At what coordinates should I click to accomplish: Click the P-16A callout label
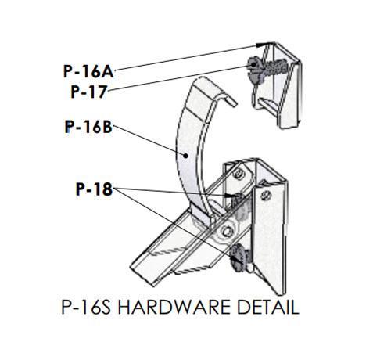tap(88, 71)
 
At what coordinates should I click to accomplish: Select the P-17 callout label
tap(89, 92)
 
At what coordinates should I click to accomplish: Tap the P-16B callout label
tap(88, 127)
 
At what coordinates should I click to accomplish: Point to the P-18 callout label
tap(94, 189)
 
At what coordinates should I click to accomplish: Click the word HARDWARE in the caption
tap(174, 307)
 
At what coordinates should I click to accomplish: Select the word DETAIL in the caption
tap(267, 307)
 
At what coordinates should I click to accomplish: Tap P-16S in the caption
tap(86, 307)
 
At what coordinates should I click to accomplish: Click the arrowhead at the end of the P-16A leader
tap(262, 45)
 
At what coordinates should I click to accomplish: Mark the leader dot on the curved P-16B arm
tap(185, 156)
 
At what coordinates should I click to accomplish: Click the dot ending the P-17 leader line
tap(249, 67)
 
